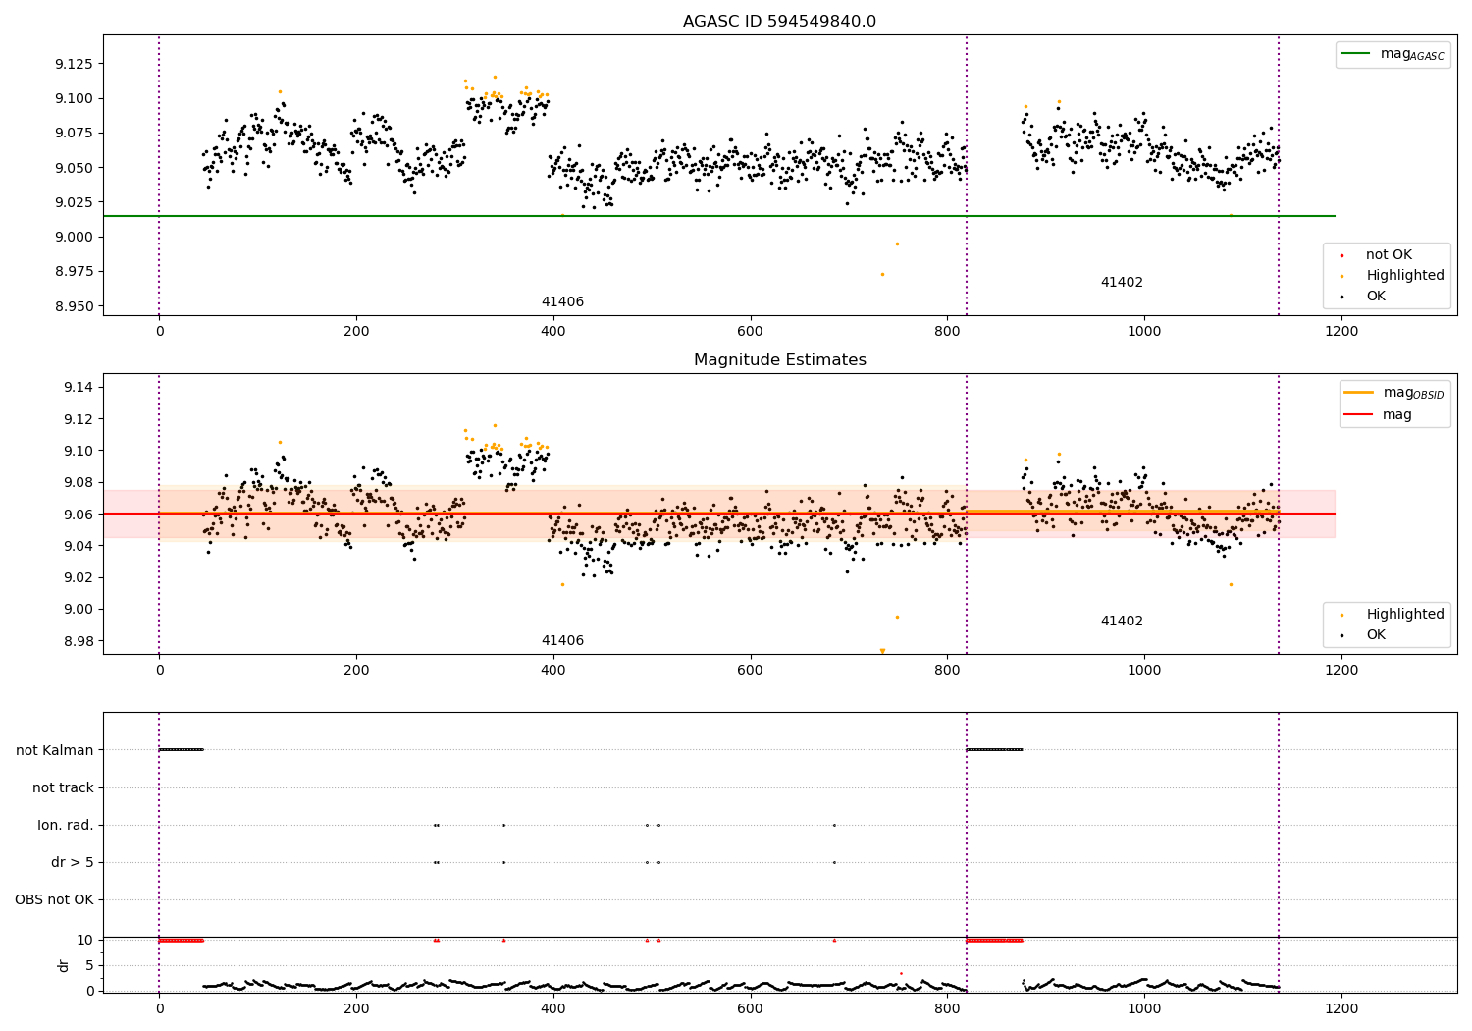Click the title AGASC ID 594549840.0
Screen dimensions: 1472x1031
779,21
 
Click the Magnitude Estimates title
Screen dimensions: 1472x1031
780,359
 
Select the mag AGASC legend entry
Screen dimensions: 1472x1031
1393,54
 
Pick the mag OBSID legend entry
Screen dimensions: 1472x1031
1393,393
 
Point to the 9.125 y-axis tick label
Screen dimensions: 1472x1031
75,64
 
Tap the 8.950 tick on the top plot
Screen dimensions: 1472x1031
75,306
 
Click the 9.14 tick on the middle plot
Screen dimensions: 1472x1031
79,387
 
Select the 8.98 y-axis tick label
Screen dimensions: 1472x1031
79,641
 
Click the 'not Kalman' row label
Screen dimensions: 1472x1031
55,750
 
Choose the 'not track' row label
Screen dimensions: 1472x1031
63,787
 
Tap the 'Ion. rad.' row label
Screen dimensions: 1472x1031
65,825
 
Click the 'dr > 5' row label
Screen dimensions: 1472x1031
73,863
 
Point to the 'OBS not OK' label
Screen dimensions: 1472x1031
54,899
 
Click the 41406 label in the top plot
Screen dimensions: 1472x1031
562,301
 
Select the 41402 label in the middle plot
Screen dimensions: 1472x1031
1122,621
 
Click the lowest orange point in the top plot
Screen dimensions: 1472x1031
882,275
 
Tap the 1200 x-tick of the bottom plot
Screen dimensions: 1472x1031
1341,1009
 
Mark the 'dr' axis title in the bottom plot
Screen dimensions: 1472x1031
63,966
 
